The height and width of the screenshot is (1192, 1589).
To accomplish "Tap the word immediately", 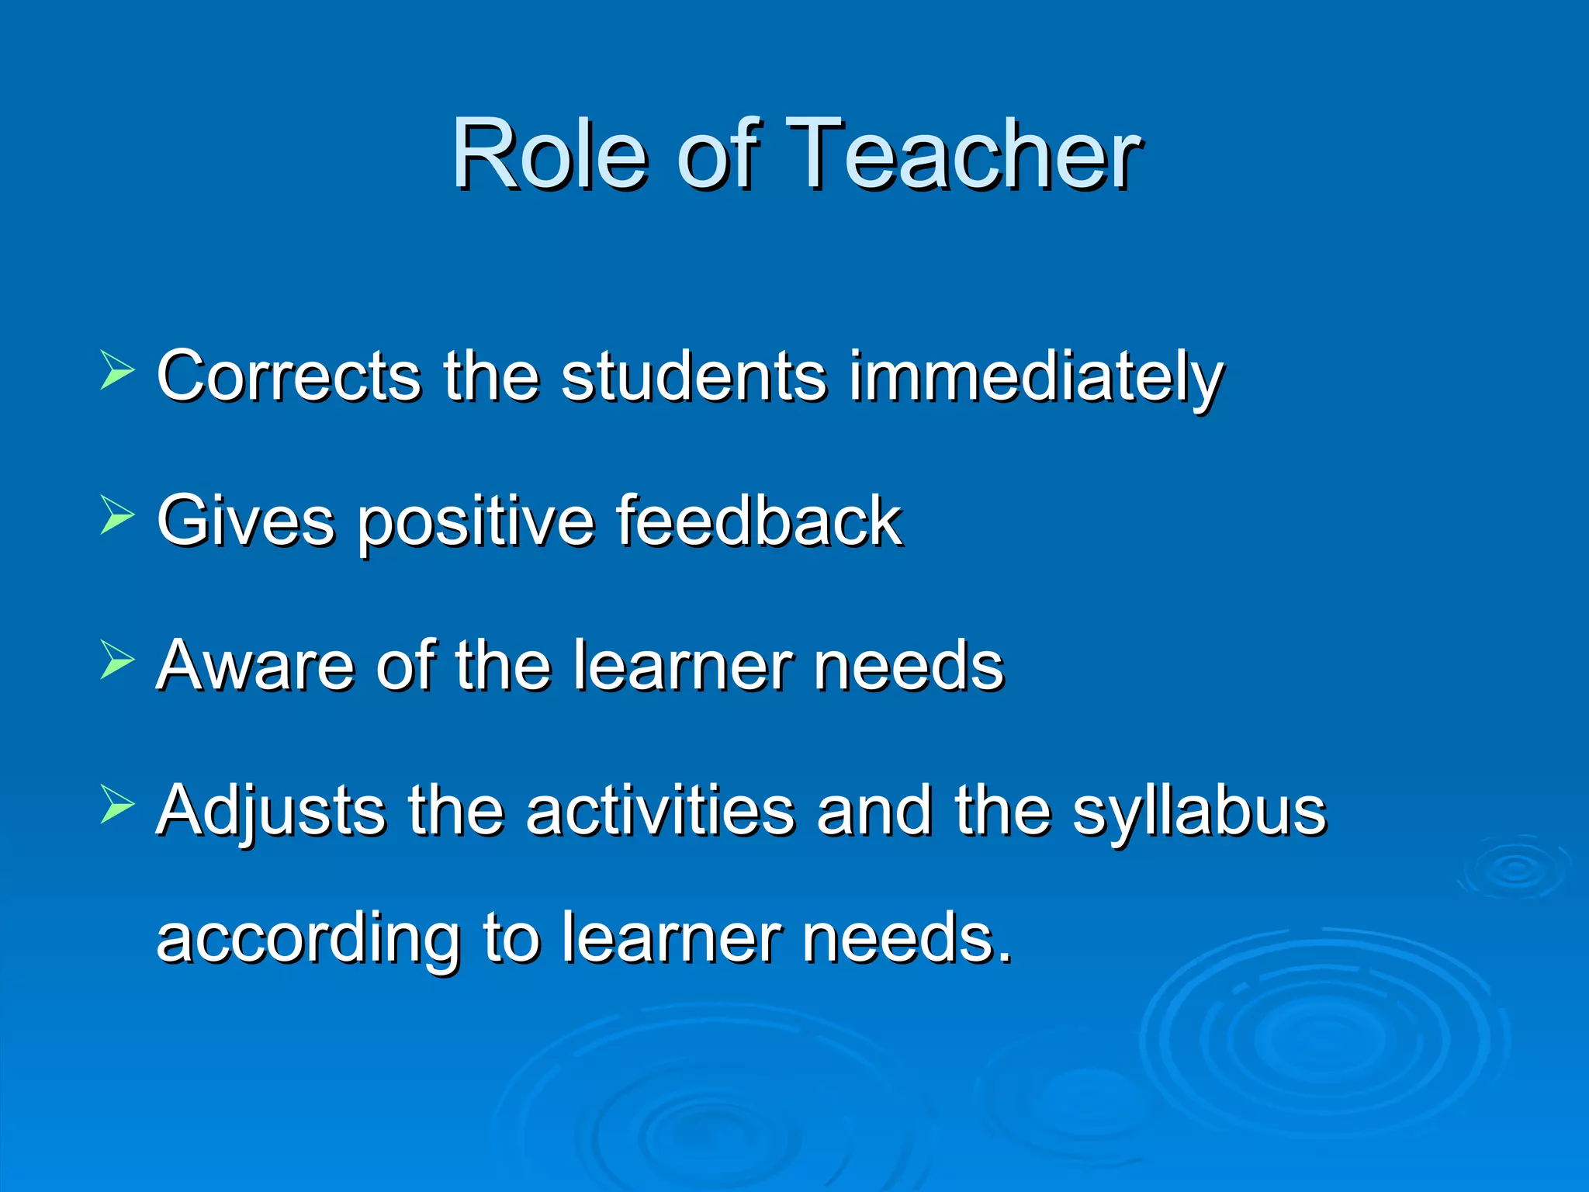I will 1036,378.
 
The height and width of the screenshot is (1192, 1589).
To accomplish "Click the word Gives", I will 246,521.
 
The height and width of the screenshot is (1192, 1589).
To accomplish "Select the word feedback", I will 759,521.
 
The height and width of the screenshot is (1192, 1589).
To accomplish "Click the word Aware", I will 255,665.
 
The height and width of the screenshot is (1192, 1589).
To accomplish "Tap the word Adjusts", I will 271,812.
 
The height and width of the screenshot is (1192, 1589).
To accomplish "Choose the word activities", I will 660,810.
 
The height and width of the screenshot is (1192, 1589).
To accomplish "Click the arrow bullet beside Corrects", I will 116,369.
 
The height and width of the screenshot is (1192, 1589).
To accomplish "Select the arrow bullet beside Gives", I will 116,515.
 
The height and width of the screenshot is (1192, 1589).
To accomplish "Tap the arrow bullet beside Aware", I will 116,660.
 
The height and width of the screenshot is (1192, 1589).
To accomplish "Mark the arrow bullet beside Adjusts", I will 116,804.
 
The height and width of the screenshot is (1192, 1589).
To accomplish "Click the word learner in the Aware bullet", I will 684,665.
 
